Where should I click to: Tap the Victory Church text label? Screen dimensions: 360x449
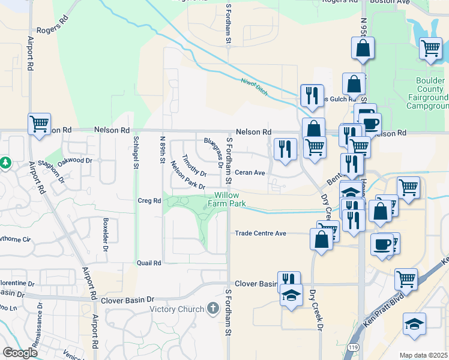178,310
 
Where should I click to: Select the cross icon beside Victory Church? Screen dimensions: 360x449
212,309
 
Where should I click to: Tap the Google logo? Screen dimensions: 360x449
19,353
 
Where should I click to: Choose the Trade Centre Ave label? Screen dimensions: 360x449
260,233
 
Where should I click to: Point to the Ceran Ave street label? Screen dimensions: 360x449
250,173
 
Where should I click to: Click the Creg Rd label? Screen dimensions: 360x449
149,200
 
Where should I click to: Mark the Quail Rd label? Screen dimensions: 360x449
149,263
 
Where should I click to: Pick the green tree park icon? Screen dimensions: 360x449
5,163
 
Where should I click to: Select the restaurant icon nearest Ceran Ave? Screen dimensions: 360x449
285,148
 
